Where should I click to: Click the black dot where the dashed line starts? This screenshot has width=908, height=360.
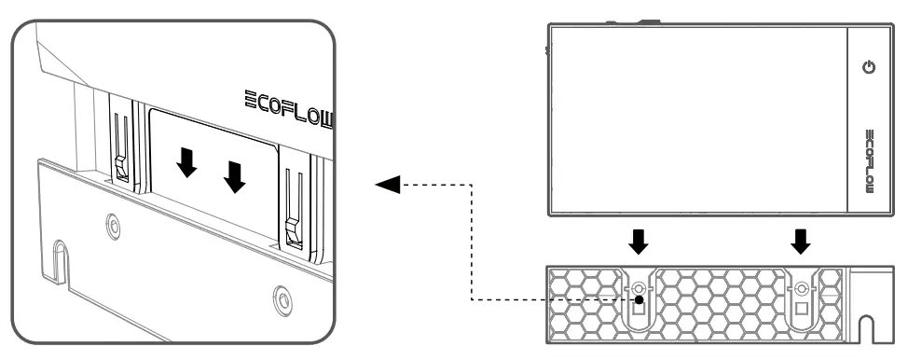(x=639, y=299)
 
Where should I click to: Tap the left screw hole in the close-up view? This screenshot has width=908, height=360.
(x=114, y=224)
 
